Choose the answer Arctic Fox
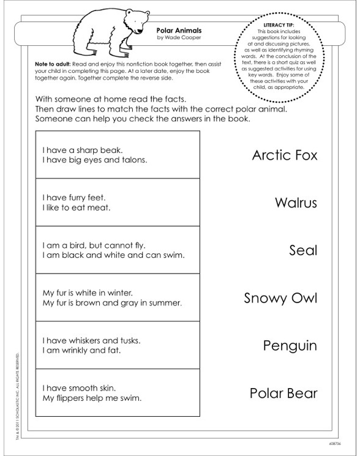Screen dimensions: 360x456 [x=285, y=155]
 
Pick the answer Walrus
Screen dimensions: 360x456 [x=296, y=202]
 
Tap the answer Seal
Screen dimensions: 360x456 [x=303, y=250]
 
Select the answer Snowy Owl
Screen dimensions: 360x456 [x=280, y=298]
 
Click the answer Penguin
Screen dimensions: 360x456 [x=290, y=346]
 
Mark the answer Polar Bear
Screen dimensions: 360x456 [x=283, y=393]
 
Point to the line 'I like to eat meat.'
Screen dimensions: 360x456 [x=76, y=207]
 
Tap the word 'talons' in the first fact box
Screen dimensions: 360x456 [x=135, y=160]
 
